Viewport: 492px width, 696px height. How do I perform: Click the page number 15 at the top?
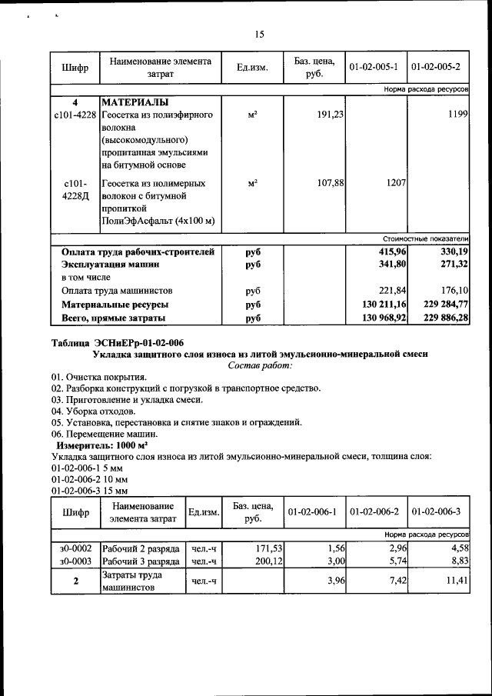coord(259,34)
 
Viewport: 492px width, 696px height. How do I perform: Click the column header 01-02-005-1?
coord(373,68)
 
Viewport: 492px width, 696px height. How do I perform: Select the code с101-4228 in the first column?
coord(75,115)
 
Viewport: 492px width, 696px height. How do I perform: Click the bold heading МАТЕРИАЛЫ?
coord(135,102)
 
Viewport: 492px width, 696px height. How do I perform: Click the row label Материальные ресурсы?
coord(115,304)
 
